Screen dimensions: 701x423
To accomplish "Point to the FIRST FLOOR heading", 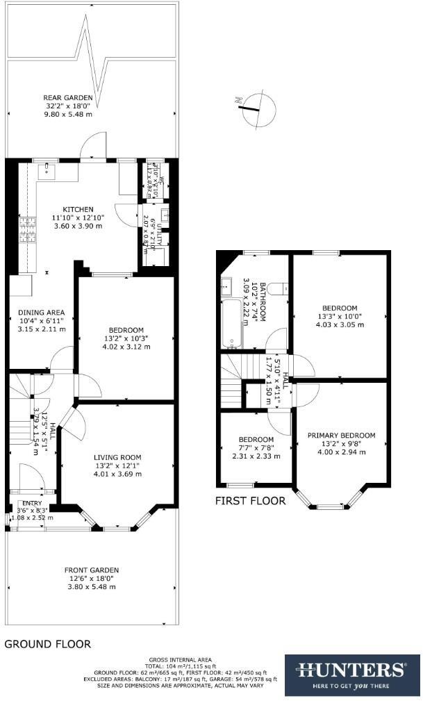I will coord(250,501).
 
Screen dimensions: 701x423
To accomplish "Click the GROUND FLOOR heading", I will coord(48,644).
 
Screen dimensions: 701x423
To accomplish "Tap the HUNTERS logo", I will coord(351,675).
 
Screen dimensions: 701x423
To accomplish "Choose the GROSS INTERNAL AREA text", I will coord(181,659).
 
